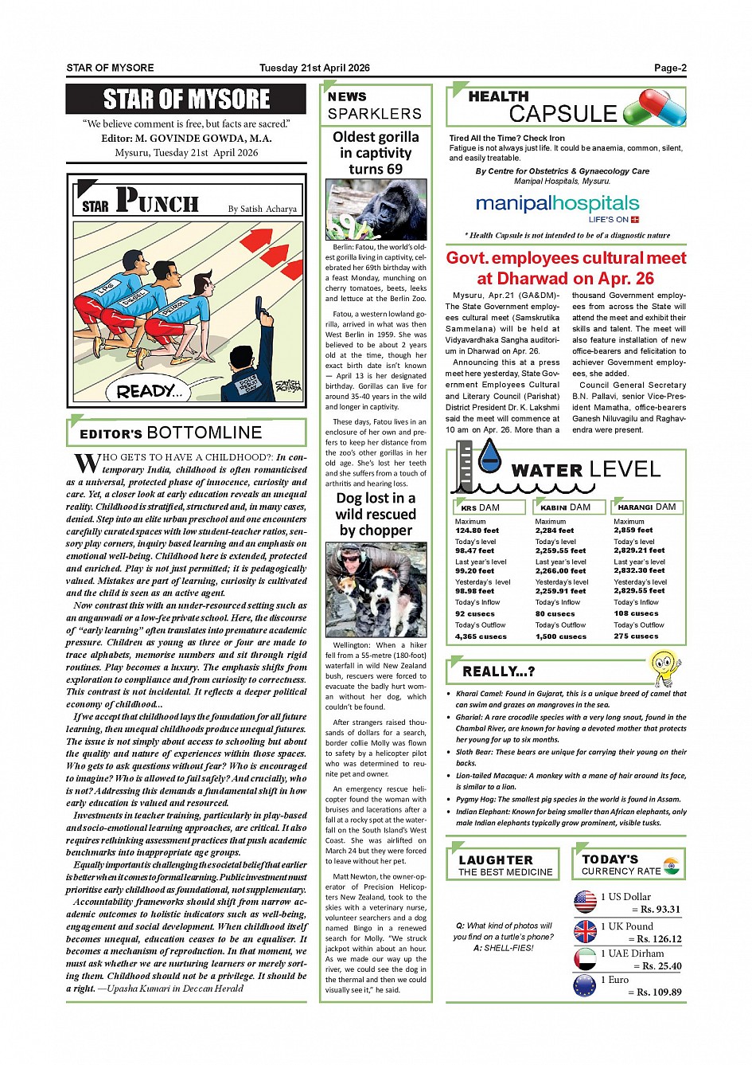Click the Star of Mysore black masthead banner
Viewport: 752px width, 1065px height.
coord(186,100)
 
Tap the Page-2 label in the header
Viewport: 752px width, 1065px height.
coord(670,68)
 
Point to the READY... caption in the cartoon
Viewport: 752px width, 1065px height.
coord(149,391)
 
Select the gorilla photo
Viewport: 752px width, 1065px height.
coord(376,209)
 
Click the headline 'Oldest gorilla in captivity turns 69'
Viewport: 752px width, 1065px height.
coord(376,153)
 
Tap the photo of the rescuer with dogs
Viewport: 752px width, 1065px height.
coord(376,589)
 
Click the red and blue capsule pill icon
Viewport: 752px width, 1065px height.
coord(654,108)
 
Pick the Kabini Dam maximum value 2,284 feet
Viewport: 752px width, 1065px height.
coord(555,531)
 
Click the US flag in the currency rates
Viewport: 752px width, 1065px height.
coord(585,902)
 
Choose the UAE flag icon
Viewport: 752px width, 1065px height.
coord(585,958)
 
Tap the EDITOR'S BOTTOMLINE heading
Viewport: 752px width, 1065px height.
coord(171,433)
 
